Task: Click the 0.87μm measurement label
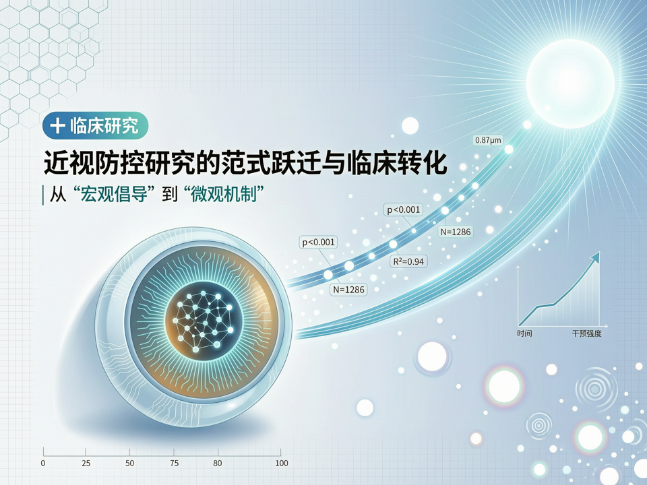[488, 140]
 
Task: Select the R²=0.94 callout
[408, 261]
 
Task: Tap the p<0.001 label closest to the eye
[318, 242]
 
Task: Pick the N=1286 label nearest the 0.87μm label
[456, 232]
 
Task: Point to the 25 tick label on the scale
[86, 463]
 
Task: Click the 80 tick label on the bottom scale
[218, 463]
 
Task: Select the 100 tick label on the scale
[282, 463]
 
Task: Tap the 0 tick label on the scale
[43, 463]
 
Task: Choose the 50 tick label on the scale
[129, 463]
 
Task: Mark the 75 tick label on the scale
[174, 463]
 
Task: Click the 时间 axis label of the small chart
[524, 333]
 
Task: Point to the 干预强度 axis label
[586, 333]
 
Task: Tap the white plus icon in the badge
[57, 125]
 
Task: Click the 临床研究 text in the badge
[104, 125]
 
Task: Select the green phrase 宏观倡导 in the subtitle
[114, 194]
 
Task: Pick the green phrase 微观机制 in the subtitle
[225, 194]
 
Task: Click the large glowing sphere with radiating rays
[570, 84]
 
